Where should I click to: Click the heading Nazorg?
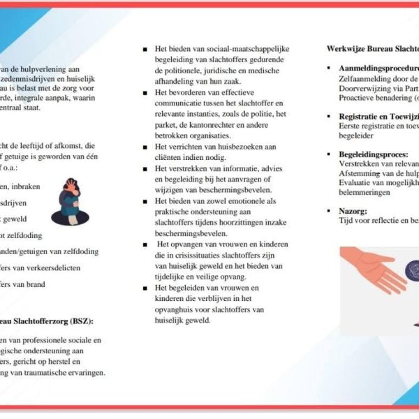[x=353, y=209]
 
